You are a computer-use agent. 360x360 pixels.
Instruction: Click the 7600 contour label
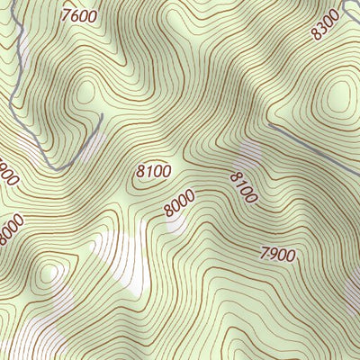(80, 15)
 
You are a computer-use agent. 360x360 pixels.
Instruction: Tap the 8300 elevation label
(325, 24)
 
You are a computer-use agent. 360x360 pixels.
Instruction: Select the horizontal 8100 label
(154, 169)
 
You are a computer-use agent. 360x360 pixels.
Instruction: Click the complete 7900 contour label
(276, 255)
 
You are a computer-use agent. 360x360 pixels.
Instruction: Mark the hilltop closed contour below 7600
(87, 90)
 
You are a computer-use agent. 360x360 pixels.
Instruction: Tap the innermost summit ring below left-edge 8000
(48, 273)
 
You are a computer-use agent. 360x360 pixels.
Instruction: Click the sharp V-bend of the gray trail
(56, 167)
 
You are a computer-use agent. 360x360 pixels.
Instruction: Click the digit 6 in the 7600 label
(74, 14)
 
